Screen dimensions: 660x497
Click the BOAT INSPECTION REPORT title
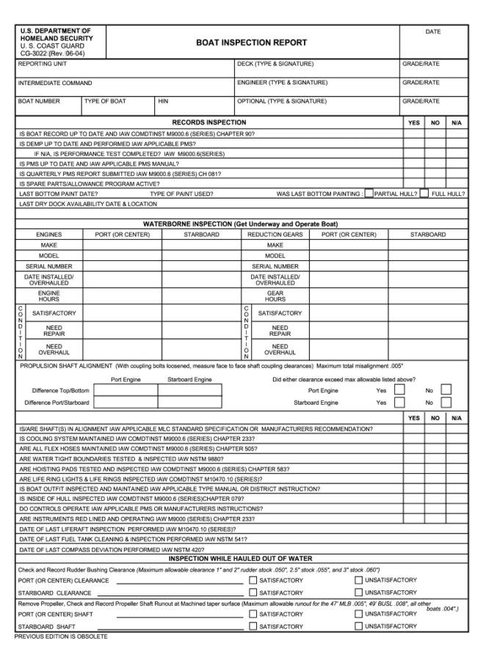(252, 43)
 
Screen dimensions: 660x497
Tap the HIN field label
(164, 101)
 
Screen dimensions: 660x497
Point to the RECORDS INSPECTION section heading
(209, 122)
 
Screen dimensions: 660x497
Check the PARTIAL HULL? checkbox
(369, 194)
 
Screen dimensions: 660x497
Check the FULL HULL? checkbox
(424, 194)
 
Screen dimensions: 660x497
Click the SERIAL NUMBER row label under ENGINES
(49, 266)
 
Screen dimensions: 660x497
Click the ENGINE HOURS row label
(49, 296)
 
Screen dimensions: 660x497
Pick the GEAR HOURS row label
(275, 296)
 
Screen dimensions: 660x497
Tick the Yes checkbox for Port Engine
(399, 391)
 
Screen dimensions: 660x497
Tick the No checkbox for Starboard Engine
(446, 403)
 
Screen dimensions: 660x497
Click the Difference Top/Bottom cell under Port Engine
(126, 391)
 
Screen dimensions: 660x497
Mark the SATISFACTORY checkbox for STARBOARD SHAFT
(253, 626)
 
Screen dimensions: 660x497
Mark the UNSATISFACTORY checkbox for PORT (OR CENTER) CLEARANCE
(358, 580)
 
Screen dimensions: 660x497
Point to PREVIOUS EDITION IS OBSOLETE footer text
(61, 637)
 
